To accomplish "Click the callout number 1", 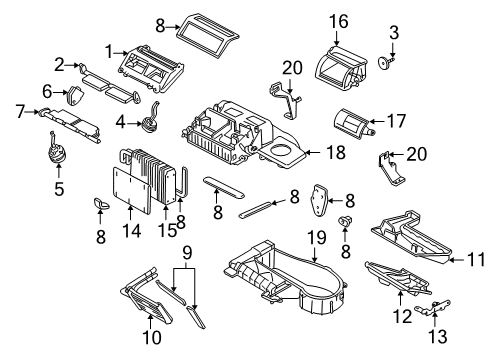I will click(x=108, y=48).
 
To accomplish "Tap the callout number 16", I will click(x=339, y=21).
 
